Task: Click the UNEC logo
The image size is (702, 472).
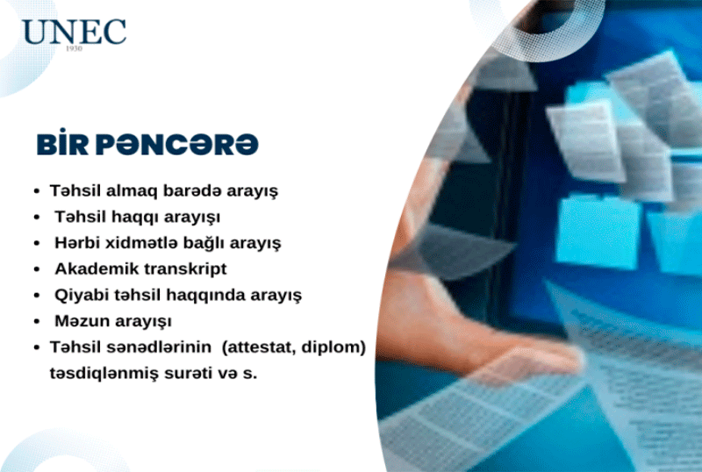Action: pyautogui.click(x=74, y=32)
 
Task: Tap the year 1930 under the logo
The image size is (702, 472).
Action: pyautogui.click(x=74, y=48)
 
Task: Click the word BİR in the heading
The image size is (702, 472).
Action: pyautogui.click(x=62, y=143)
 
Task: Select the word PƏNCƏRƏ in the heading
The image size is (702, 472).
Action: pyautogui.click(x=177, y=144)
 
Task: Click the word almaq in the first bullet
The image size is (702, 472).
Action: pyautogui.click(x=132, y=190)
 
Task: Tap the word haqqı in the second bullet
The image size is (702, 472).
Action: pyautogui.click(x=135, y=218)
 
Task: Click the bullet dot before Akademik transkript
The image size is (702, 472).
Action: pyautogui.click(x=37, y=269)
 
